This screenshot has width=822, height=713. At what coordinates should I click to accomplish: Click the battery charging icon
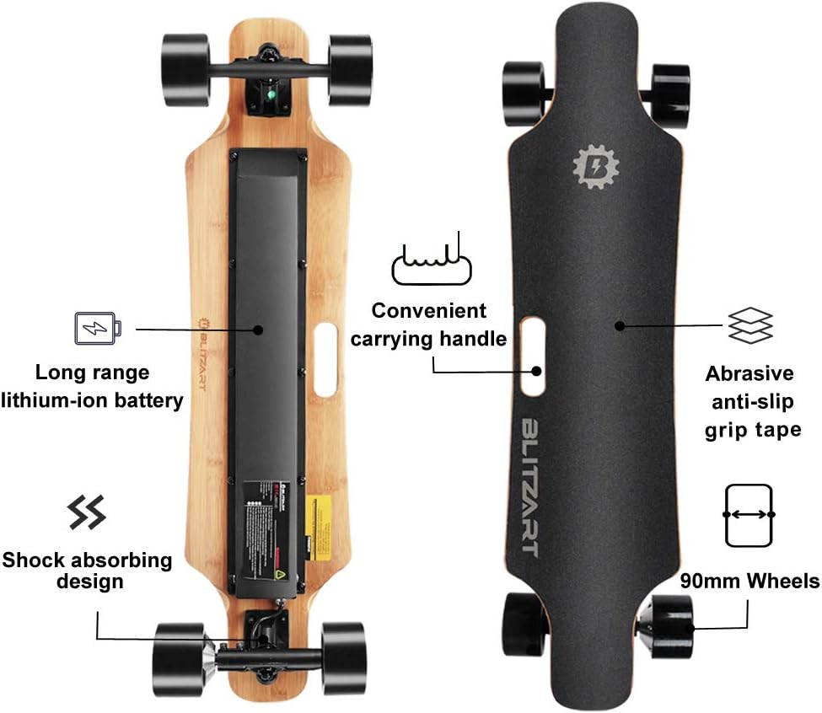98,328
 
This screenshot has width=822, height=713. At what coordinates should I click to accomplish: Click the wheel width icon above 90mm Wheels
749,514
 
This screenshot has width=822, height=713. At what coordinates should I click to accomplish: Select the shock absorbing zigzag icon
86,512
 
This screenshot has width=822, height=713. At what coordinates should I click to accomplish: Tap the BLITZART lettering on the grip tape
529,486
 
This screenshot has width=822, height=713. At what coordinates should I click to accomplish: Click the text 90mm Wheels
749,581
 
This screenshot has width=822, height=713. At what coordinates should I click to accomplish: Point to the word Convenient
429,310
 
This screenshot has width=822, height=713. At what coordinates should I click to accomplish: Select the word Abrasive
749,373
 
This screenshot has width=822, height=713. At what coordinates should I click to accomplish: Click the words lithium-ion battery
92,399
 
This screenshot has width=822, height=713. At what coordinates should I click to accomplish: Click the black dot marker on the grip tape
620,325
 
